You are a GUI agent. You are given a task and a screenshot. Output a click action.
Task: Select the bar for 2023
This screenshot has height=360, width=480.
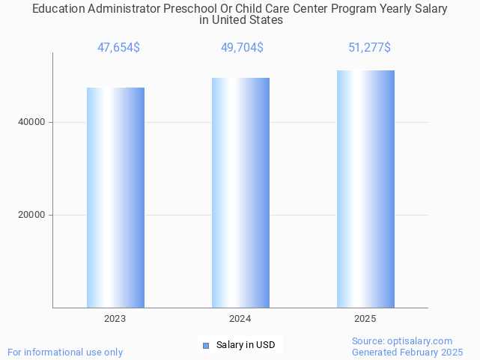tap(115, 198)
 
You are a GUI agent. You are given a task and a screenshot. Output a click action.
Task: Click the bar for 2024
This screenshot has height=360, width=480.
tap(240, 193)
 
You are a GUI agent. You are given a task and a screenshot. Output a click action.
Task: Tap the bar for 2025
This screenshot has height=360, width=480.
tap(365, 189)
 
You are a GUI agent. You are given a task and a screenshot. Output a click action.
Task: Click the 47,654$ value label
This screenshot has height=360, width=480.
tap(118, 48)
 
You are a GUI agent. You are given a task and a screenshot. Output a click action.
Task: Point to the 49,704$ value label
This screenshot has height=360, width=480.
tap(242, 48)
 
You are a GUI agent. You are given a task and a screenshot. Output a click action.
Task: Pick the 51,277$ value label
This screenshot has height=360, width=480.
tap(369, 48)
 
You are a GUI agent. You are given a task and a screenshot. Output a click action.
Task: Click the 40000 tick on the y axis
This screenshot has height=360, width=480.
tap(32, 122)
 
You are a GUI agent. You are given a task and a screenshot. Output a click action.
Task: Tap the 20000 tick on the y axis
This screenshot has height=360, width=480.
tap(32, 215)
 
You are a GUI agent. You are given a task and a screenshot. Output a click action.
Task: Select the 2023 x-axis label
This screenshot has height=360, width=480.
tap(115, 319)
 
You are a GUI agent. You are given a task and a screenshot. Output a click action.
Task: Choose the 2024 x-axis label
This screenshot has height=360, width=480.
tap(240, 319)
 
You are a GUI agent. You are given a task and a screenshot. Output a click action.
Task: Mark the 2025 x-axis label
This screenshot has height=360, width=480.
tap(365, 319)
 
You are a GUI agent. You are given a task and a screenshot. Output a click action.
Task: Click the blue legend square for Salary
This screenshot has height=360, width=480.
tap(207, 345)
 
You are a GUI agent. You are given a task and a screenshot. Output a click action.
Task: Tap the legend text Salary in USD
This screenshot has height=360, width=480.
tap(246, 345)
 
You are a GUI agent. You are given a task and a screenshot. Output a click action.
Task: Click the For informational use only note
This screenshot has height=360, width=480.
tap(65, 352)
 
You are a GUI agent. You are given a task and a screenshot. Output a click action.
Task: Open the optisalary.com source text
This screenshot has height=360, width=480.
tap(402, 341)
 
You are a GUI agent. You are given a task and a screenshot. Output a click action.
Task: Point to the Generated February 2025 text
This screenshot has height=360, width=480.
tap(407, 352)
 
